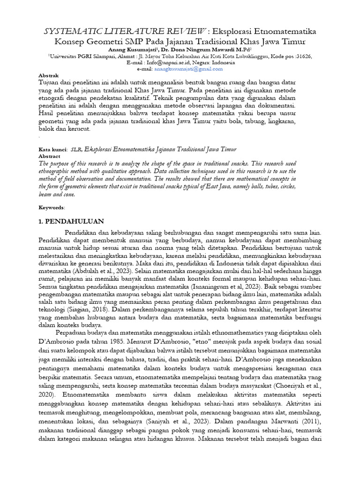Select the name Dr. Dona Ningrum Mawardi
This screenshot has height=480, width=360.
pyautogui.click(x=204, y=49)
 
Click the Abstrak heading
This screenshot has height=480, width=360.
pyautogui.click(x=48, y=75)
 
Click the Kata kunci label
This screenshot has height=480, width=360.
pyautogui.click(x=51, y=149)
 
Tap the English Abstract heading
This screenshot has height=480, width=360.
pyautogui.click(x=49, y=156)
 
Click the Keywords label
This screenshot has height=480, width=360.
pyautogui.click(x=52, y=207)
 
